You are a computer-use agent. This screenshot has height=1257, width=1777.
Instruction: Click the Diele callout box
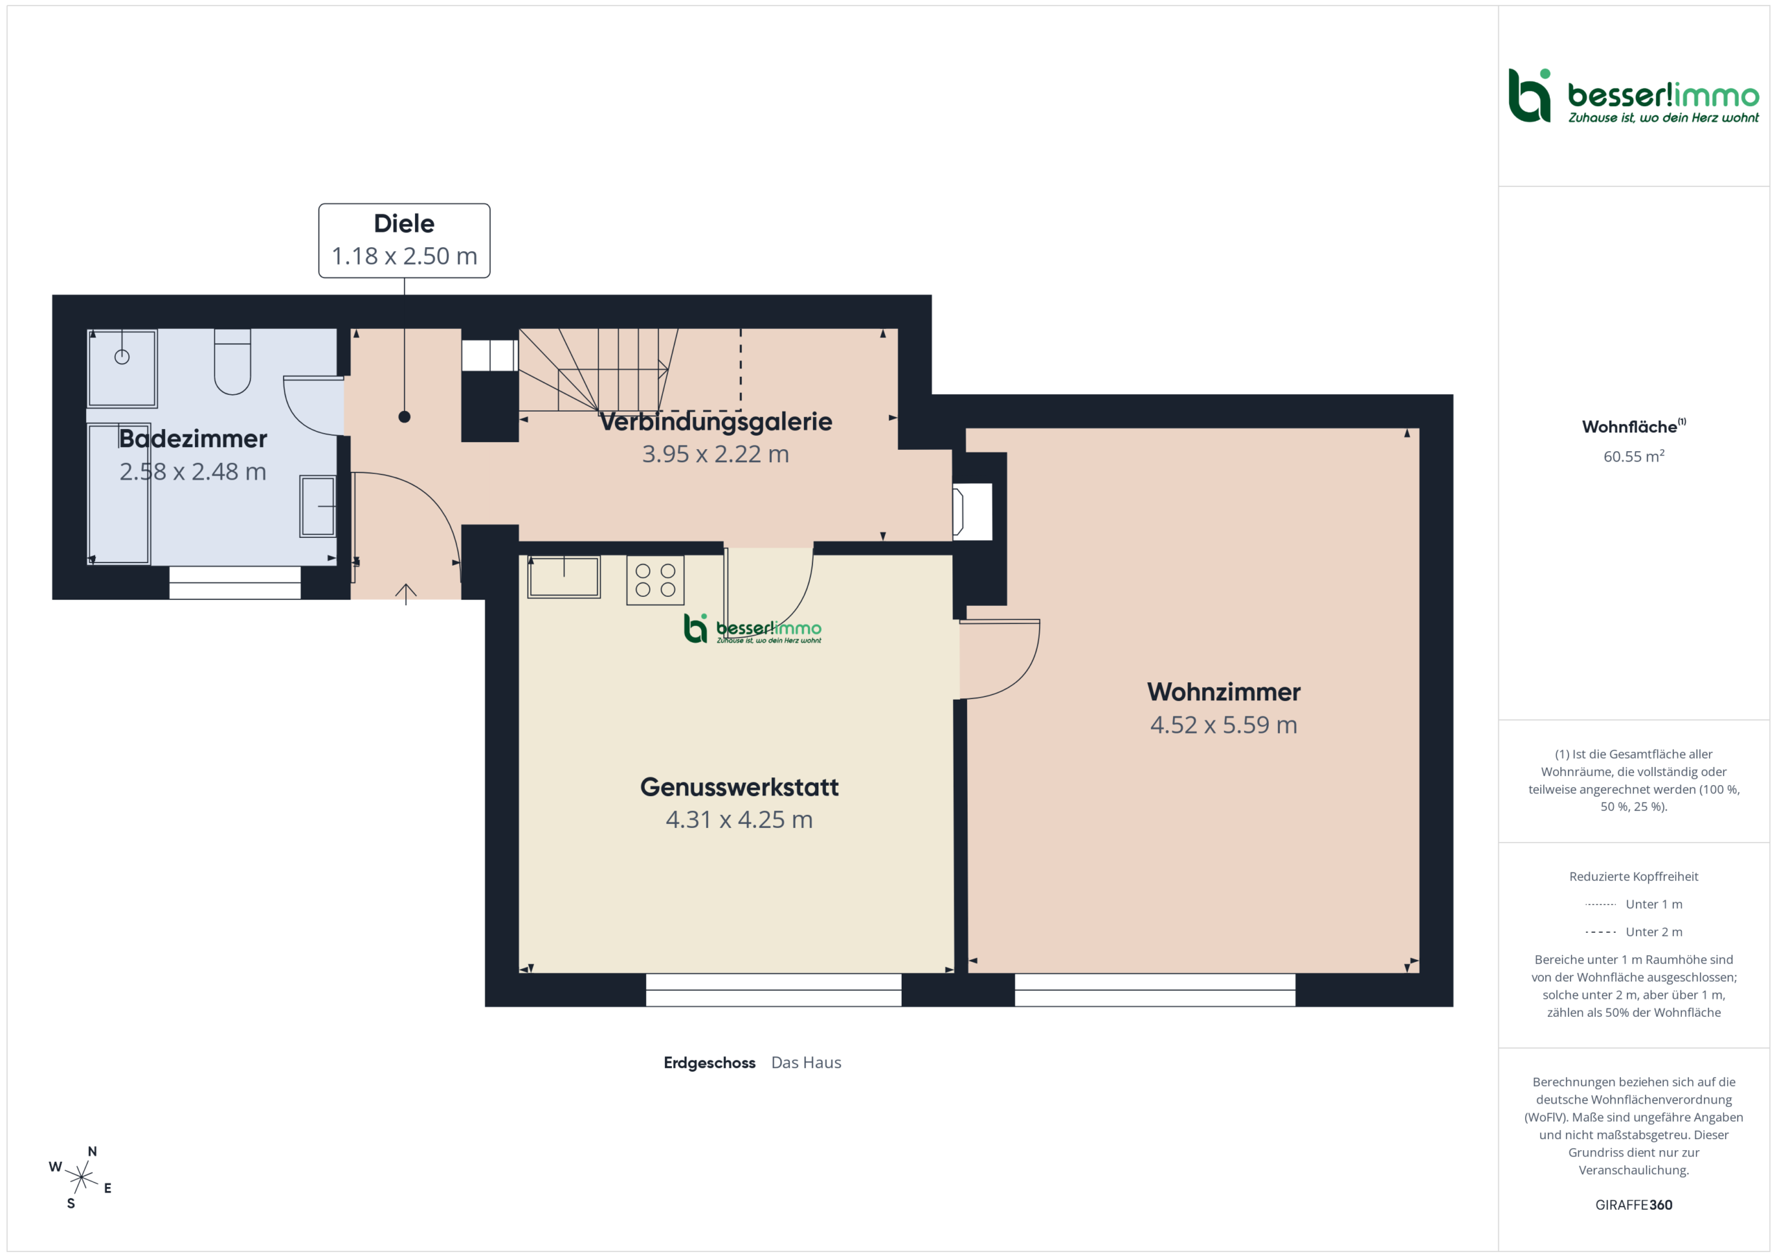[404, 241]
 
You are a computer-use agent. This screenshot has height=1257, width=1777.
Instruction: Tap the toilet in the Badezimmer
[232, 362]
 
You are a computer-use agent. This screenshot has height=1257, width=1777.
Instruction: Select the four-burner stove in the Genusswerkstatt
[655, 580]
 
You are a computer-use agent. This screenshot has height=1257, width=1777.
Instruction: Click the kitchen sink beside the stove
[564, 577]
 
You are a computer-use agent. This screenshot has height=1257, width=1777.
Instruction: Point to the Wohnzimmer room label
[1224, 691]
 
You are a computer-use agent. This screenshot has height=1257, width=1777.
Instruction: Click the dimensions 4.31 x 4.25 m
[739, 820]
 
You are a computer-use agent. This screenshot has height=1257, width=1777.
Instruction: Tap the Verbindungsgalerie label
[716, 422]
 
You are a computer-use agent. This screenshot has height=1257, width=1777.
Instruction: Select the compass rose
[81, 1177]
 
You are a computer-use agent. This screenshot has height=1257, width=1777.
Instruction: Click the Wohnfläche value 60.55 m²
[1633, 456]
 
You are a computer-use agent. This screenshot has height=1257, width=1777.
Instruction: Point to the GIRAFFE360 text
[1633, 1204]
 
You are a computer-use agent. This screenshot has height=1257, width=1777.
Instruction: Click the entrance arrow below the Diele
[405, 593]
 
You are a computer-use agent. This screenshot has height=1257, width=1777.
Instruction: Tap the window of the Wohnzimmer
[1155, 990]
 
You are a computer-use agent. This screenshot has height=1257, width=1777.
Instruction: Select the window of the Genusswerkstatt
[773, 990]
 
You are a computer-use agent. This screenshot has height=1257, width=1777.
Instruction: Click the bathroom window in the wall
[235, 583]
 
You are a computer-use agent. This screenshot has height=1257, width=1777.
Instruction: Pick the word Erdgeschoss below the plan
[709, 1063]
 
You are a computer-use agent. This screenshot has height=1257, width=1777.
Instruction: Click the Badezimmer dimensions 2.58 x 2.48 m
[193, 471]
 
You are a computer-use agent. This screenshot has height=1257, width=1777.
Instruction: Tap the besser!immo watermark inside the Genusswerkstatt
[752, 629]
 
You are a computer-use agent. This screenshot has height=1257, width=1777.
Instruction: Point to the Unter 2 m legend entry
[1633, 932]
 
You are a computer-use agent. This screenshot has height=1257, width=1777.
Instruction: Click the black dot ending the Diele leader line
[404, 417]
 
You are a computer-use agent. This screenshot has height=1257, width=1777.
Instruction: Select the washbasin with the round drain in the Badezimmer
[122, 369]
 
